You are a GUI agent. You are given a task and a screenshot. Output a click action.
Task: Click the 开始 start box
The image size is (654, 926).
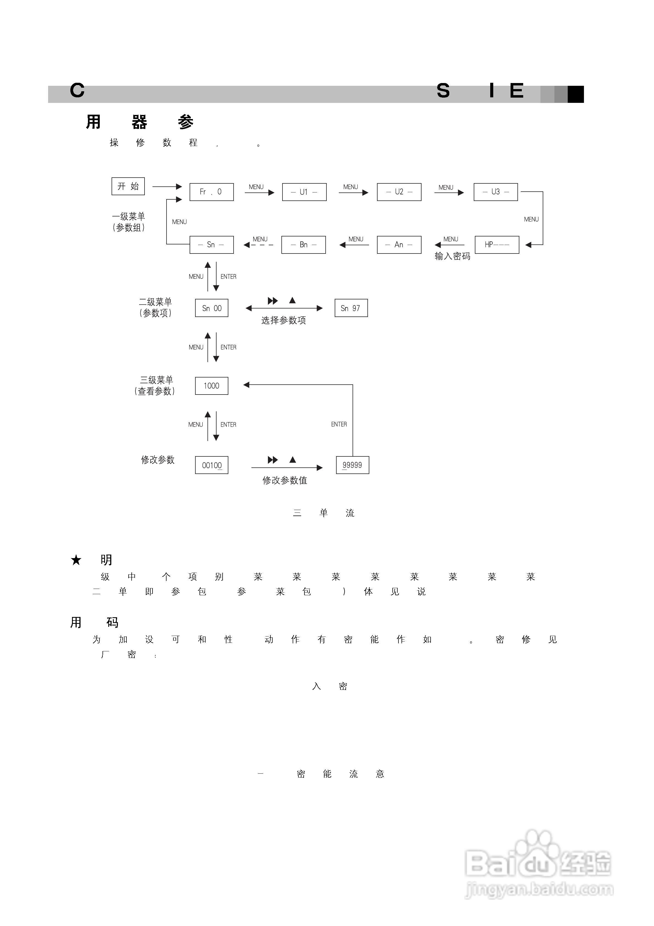tap(128, 186)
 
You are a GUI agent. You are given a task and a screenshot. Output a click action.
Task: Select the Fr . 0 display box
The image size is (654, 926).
tap(211, 192)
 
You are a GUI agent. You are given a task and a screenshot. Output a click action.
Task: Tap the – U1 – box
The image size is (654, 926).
tap(304, 192)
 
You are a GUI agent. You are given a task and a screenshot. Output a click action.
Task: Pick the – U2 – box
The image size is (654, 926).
tap(399, 192)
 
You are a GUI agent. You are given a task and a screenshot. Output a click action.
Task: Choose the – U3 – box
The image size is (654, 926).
tap(495, 192)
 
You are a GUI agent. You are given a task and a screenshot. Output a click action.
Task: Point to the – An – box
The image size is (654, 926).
tap(399, 245)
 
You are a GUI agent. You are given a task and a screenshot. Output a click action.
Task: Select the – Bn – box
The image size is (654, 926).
tap(303, 245)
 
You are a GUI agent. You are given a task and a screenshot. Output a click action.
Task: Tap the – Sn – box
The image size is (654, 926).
tap(211, 245)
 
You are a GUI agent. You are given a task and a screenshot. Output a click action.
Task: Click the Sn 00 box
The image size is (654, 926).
tap(211, 308)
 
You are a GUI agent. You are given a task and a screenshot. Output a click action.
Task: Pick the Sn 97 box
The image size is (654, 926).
tap(351, 308)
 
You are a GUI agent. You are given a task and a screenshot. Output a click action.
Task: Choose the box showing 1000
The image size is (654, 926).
tap(211, 386)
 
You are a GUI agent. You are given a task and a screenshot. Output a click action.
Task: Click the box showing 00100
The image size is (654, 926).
tap(211, 465)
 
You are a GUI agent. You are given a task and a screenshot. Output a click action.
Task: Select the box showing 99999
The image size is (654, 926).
tap(352, 465)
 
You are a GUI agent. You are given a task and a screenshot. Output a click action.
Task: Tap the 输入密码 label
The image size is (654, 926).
tap(452, 257)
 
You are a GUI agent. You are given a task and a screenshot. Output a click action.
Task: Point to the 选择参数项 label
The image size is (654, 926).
tap(284, 320)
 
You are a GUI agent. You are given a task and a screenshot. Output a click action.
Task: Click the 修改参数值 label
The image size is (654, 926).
tap(285, 480)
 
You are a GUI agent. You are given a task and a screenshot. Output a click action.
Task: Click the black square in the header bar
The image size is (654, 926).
tap(575, 94)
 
